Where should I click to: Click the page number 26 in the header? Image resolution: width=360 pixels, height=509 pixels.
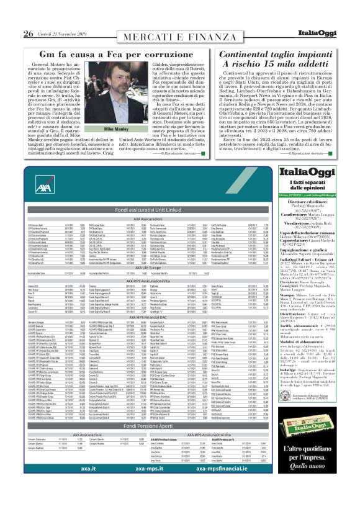coord(29,33)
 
